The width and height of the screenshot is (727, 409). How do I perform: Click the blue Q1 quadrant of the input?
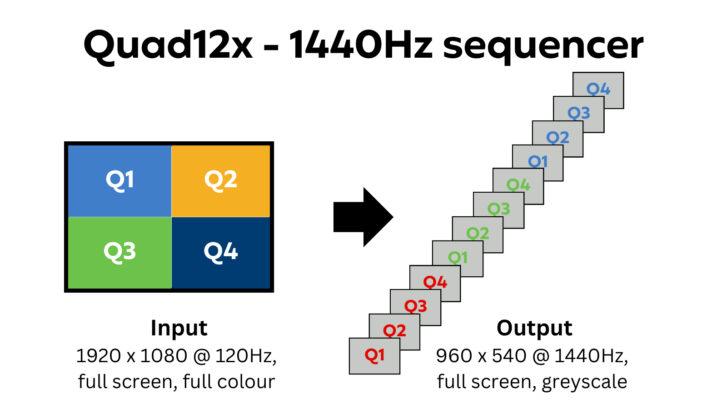click(x=120, y=180)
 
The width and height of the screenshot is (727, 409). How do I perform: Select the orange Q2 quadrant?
click(x=221, y=180)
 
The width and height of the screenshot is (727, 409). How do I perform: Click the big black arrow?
click(x=363, y=217)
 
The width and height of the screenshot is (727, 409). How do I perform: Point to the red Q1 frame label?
click(x=374, y=355)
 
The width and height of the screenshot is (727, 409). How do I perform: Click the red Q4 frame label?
click(x=435, y=282)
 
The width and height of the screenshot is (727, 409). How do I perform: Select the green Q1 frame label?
click(x=458, y=258)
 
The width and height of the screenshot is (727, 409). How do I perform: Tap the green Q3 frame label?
click(x=498, y=209)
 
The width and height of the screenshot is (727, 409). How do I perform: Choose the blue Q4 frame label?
click(x=598, y=89)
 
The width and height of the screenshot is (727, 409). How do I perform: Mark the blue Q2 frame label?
click(x=558, y=137)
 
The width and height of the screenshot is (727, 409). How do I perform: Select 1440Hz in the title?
click(x=361, y=45)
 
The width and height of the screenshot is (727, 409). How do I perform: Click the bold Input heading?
click(x=179, y=328)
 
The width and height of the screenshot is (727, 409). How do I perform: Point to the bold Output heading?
click(x=534, y=328)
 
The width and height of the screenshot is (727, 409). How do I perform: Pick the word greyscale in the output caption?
click(x=584, y=382)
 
